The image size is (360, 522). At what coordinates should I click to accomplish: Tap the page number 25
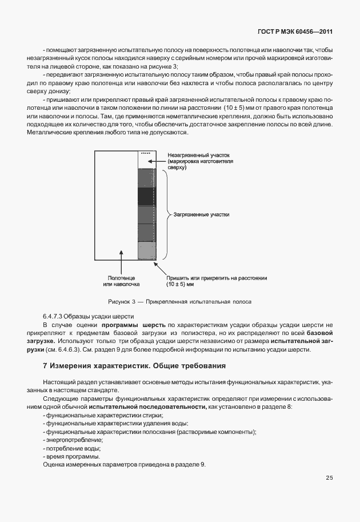pos(329,477)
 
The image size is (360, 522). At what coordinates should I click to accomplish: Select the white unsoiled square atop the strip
pos(146,160)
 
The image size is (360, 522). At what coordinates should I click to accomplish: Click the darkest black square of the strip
pos(146,197)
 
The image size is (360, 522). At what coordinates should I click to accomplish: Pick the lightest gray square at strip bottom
pos(146,250)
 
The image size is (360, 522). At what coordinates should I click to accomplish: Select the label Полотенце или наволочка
pos(121,280)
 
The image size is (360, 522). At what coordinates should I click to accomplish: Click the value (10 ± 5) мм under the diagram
pos(180,284)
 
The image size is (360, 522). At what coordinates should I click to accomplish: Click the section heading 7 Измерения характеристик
pos(134,365)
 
